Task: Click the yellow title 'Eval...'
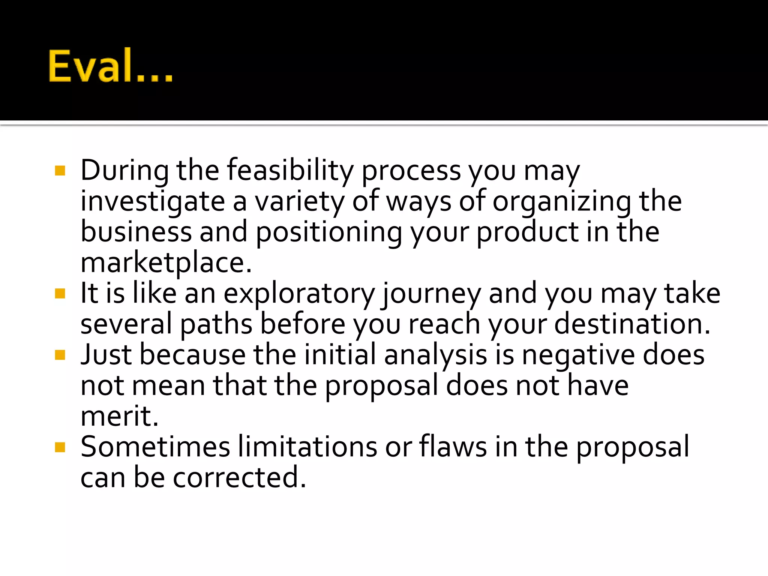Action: point(111,66)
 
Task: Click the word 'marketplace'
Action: point(166,263)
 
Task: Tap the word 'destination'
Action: point(632,324)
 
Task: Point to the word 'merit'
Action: point(119,416)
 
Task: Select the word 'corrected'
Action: point(239,478)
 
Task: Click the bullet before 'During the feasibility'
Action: point(60,171)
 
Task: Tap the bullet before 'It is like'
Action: point(60,294)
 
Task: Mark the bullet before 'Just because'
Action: point(60,355)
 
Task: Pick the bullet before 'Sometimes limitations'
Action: point(60,447)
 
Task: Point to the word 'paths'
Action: point(216,324)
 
